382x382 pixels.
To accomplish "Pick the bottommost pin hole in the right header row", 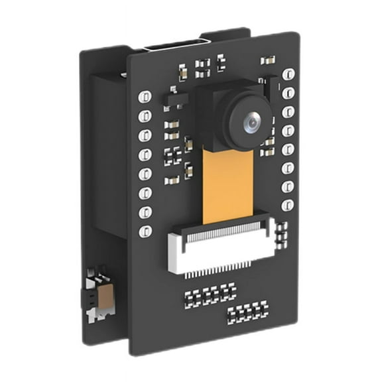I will (288, 203).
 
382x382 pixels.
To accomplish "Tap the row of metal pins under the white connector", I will (222, 271).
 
